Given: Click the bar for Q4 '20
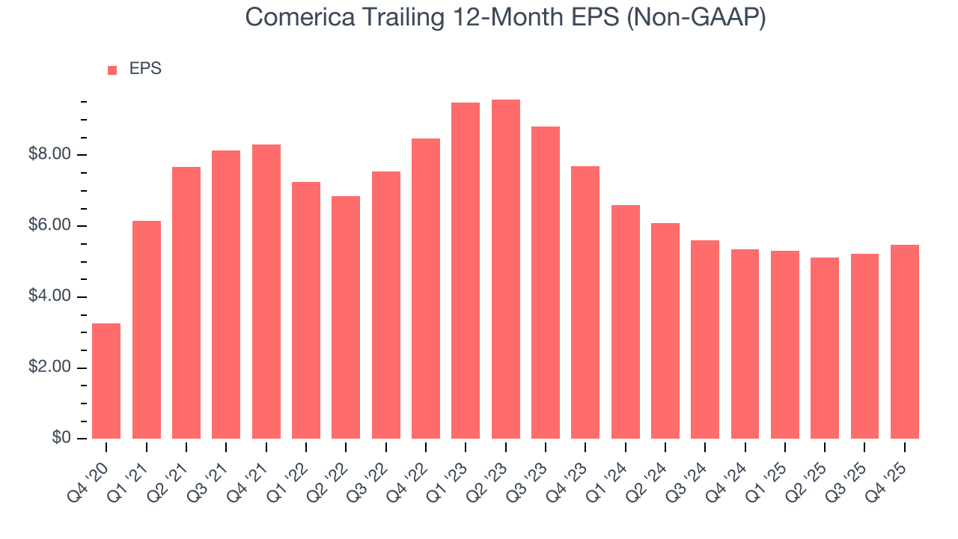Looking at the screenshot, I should point(106,381).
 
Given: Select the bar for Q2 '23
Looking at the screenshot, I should point(505,269).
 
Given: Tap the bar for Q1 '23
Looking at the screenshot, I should point(466,271).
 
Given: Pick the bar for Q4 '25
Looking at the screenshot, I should point(904,342).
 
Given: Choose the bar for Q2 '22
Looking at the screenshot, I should point(346,317).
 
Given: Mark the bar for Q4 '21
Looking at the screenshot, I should point(266,292).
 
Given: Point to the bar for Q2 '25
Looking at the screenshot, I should point(825,348).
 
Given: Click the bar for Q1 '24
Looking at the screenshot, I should point(625,322).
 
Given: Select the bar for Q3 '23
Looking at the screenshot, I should point(545,283).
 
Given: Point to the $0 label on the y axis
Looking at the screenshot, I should point(61,439).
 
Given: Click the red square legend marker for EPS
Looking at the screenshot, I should point(112,70).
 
